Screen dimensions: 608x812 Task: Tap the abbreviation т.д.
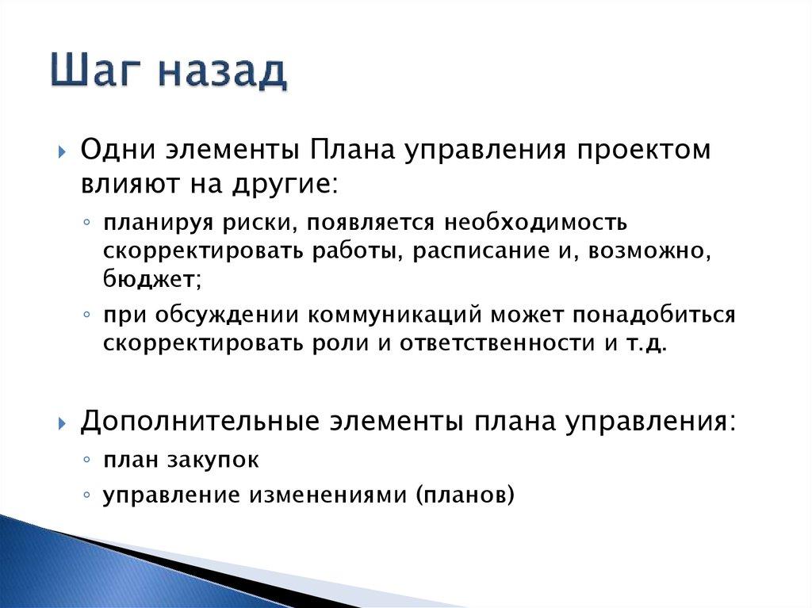[x=650, y=345]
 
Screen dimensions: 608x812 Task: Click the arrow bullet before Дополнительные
[x=62, y=423]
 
